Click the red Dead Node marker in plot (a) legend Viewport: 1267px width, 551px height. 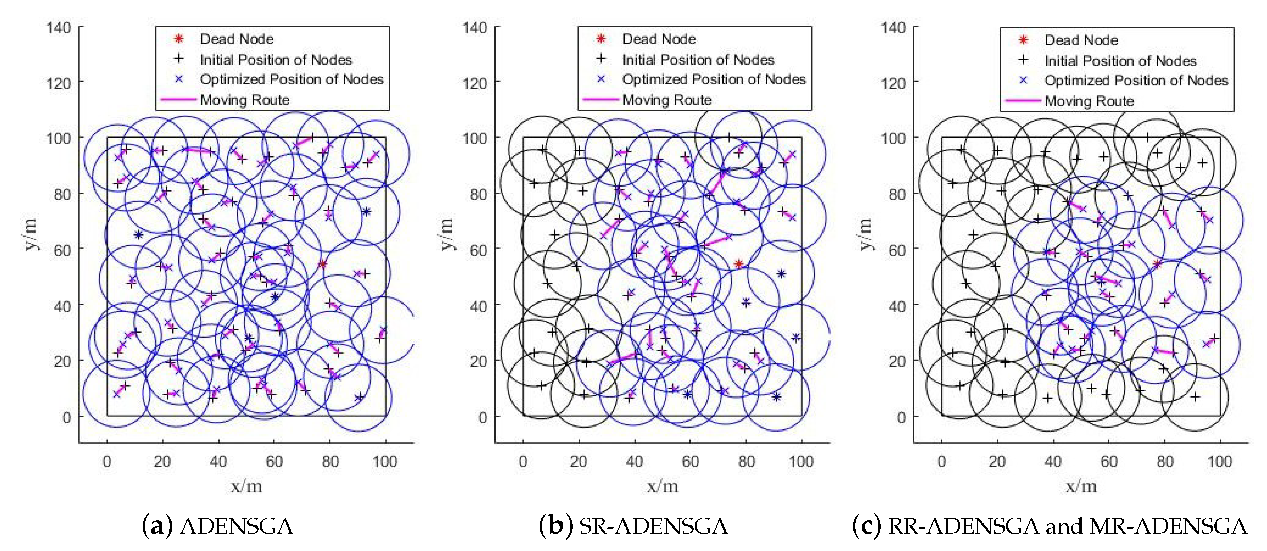pos(179,39)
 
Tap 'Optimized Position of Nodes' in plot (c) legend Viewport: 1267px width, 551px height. pos(1136,80)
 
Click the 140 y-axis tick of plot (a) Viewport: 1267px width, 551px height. pos(59,28)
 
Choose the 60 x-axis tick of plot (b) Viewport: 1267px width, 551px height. pos(690,461)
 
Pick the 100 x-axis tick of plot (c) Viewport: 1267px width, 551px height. pos(1220,461)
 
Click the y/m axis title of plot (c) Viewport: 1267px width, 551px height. pos(865,234)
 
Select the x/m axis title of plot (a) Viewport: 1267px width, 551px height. pos(246,487)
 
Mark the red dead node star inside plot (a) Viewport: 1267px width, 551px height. pos(322,264)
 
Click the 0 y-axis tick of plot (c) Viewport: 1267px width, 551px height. pos(900,417)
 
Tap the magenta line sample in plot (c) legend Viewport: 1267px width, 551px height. pos(1023,101)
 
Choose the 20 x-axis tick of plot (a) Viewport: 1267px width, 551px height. pos(162,461)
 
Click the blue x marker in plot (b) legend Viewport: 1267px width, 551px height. pos(601,79)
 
